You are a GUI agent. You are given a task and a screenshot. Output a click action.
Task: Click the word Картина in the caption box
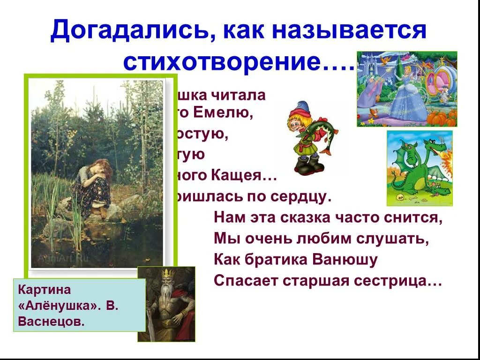point(45,289)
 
